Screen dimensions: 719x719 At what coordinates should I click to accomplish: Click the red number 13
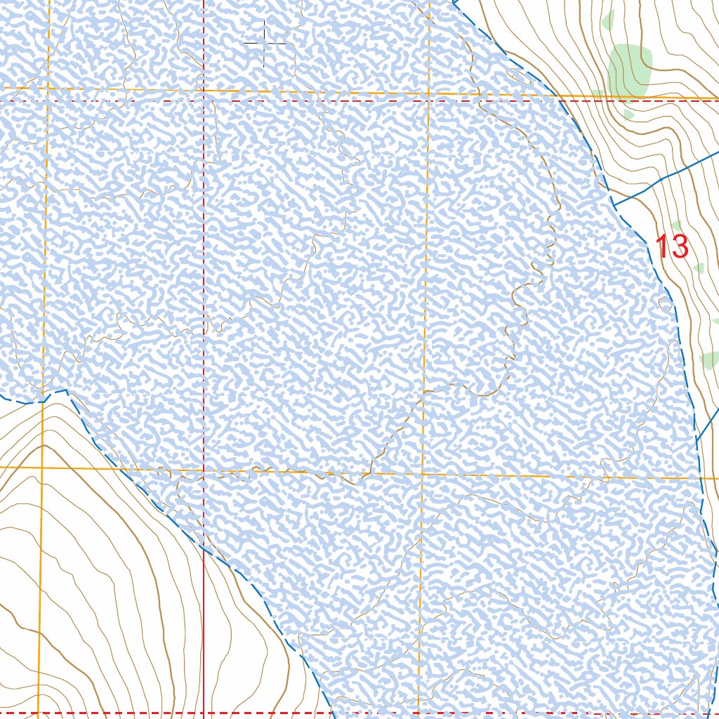(x=672, y=246)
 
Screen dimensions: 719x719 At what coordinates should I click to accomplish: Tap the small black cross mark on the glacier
(x=265, y=43)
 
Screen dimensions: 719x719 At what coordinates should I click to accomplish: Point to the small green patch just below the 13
(x=698, y=268)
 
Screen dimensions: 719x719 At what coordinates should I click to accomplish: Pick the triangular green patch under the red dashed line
(x=628, y=112)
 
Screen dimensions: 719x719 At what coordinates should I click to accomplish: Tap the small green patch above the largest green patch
(x=608, y=20)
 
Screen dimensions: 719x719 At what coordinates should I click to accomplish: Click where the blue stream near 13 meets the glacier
(x=613, y=205)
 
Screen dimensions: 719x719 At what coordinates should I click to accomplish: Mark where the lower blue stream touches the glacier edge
(x=697, y=441)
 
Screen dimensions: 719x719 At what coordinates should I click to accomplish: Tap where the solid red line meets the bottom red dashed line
(x=204, y=713)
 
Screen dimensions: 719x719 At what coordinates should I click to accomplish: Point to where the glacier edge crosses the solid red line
(x=204, y=545)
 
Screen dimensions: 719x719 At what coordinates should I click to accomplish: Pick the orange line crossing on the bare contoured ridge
(x=41, y=467)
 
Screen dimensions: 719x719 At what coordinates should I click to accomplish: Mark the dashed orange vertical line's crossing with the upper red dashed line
(x=428, y=101)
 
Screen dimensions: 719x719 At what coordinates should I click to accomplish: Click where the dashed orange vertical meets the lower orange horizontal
(x=423, y=475)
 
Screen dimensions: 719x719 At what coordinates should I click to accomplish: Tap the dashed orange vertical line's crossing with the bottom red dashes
(x=419, y=713)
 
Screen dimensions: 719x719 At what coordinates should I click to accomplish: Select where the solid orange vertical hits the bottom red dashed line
(x=39, y=713)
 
